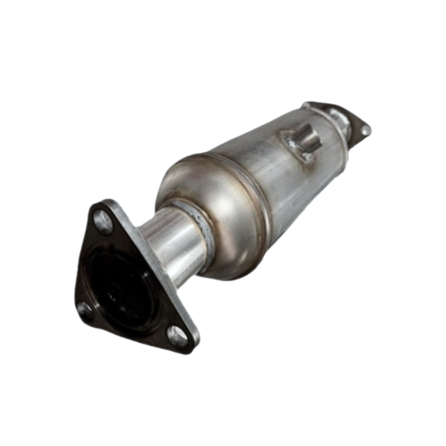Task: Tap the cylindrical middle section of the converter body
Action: [278, 173]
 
